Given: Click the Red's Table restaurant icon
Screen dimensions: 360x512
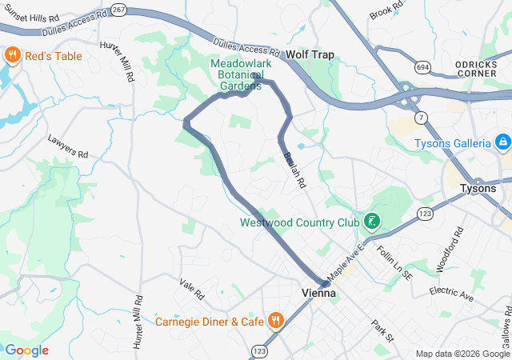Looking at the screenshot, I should point(12,54).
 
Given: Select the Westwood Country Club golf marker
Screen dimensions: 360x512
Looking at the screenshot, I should point(371,221).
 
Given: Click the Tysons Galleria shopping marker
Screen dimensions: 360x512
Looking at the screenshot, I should point(503,143).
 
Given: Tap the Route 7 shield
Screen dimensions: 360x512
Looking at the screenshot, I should point(421,117).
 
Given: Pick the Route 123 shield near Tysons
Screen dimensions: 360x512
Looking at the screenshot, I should point(425,214).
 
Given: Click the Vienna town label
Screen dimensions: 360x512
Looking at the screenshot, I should point(318,294).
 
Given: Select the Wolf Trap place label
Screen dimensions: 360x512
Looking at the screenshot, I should point(310,55).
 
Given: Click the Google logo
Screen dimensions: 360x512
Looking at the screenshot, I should point(26,350).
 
